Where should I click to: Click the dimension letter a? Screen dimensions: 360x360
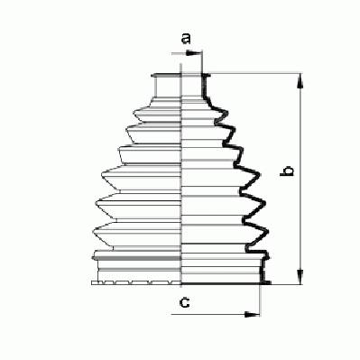187,39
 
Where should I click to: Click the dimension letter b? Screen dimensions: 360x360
287,171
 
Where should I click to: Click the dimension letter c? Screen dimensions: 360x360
184,302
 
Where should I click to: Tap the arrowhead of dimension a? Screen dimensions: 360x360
194,53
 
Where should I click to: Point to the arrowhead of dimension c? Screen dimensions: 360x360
252,315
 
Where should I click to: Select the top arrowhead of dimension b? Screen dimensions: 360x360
300,81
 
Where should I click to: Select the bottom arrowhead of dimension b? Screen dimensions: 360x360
300,276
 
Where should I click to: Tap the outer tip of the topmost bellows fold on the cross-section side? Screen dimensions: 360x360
227,113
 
